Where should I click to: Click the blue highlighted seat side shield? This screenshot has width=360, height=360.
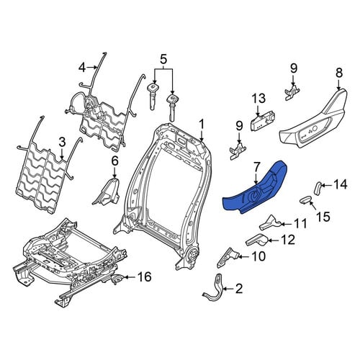coord(254,192)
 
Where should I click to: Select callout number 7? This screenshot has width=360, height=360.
coord(257,167)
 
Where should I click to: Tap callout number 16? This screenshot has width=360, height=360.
coord(144,277)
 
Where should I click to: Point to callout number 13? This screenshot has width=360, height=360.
coord(259,99)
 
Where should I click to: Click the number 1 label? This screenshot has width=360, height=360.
coord(202,125)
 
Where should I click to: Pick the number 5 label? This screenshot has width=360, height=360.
coord(163,59)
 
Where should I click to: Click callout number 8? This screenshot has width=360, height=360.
coord(338,73)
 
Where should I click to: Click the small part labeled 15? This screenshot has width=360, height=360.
coord(306,199)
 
